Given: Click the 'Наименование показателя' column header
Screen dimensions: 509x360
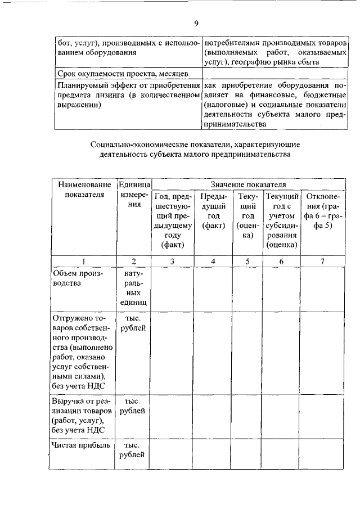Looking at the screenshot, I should point(83,190).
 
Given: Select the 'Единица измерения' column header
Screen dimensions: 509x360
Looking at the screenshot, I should point(134,195).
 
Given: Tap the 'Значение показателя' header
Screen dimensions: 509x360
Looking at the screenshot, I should point(248,184).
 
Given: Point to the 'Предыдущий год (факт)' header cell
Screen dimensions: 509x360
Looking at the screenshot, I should point(213,210).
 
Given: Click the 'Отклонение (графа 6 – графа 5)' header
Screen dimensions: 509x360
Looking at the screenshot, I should point(322,210).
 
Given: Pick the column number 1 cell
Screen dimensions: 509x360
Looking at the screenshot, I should point(83,262).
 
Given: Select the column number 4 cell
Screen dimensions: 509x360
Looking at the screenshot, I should point(213,262).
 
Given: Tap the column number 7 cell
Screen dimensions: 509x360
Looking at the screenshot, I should point(322,262).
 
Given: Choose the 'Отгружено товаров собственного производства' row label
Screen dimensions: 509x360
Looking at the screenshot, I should point(82,353).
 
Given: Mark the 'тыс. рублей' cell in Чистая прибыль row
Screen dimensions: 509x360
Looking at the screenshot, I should point(134,450).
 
